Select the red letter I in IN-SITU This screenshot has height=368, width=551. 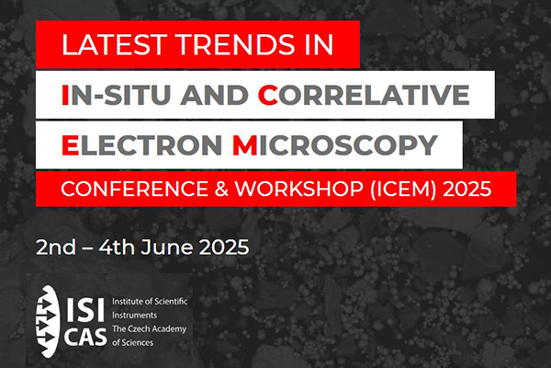65,95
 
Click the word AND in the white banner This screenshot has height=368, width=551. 214,95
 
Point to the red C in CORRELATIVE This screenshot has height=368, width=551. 268,95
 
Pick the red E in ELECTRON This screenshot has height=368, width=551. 70,145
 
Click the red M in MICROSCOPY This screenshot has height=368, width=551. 244,145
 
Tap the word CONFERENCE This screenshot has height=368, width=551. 135,190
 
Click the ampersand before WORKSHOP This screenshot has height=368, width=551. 221,190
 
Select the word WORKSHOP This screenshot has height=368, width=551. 298,190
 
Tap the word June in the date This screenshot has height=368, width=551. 166,247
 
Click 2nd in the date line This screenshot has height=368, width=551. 56,247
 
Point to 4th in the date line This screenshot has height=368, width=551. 117,247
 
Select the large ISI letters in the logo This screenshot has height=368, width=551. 85,309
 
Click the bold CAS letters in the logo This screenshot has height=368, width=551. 85,337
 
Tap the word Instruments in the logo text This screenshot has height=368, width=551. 135,316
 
